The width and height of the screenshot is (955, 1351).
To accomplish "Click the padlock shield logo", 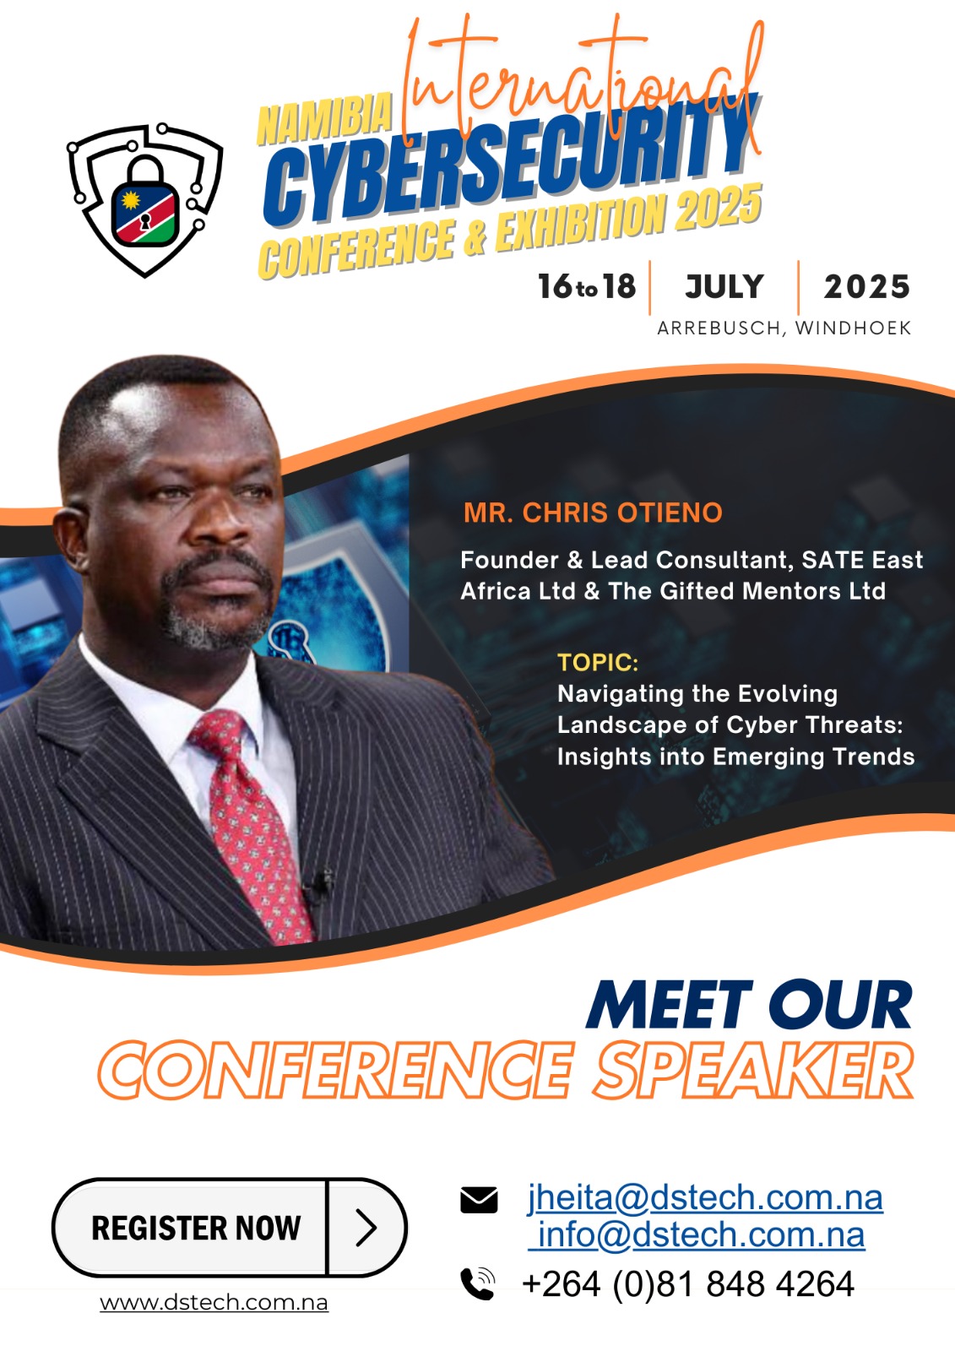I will point(144,201).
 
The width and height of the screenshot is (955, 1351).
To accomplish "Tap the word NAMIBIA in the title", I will point(324,119).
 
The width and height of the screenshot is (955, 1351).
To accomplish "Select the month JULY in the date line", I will point(724,287).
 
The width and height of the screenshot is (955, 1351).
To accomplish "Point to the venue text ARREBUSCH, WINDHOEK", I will point(784,328).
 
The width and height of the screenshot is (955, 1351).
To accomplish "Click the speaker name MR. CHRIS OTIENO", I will point(593,513).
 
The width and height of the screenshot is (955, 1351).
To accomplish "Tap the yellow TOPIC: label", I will point(598,663).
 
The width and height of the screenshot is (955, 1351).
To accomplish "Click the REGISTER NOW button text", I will point(196,1228).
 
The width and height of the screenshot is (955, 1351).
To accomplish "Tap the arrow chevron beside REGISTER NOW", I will point(366,1228).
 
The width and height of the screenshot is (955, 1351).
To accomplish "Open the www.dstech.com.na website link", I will point(214,1302).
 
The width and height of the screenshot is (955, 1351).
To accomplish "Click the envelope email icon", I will point(479,1199).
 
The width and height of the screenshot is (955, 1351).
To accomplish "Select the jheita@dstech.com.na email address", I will point(705,1197).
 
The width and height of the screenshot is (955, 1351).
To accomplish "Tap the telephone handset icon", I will point(478,1283).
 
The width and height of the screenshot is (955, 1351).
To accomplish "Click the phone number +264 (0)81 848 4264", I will point(688,1284).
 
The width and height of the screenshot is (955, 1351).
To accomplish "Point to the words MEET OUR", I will point(749,1006).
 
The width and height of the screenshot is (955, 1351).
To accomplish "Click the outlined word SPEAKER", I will point(754,1071).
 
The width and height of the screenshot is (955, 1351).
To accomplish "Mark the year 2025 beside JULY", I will point(866,287).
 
